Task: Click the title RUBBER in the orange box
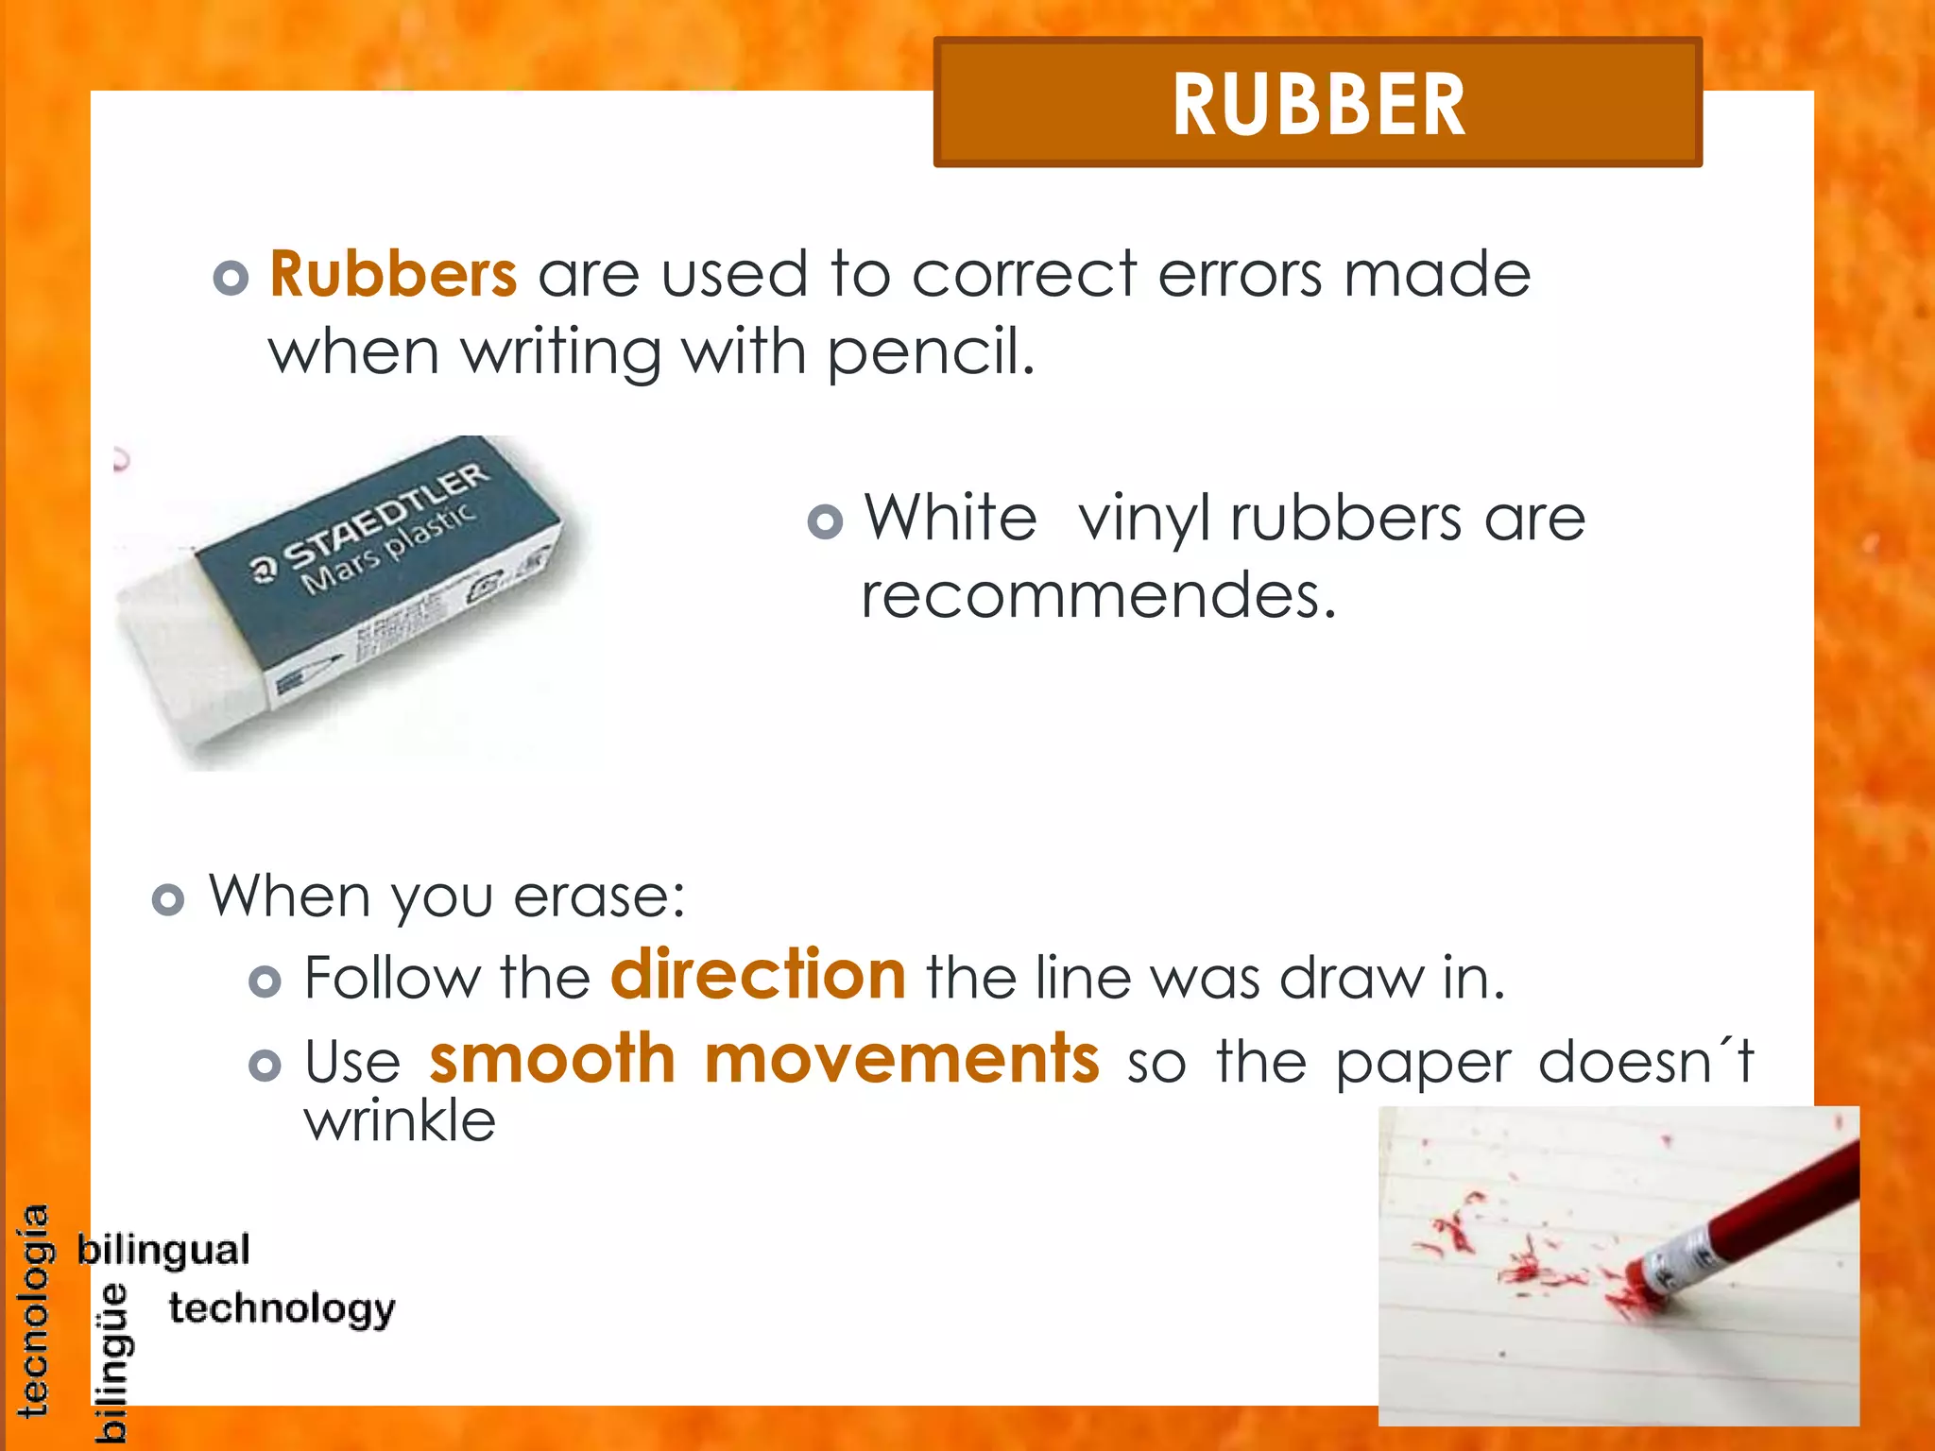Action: pos(1318,105)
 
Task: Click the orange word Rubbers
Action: pos(393,275)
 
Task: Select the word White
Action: pos(950,519)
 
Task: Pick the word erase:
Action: pos(599,896)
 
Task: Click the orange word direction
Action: pos(759,975)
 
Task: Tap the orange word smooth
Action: pos(553,1059)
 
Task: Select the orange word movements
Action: pos(901,1059)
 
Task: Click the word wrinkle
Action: pos(400,1121)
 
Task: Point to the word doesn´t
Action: pos(1645,1061)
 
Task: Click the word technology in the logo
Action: pos(282,1309)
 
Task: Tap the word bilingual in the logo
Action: pos(163,1250)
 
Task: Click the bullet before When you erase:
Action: pos(168,899)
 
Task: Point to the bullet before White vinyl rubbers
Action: pos(825,521)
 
